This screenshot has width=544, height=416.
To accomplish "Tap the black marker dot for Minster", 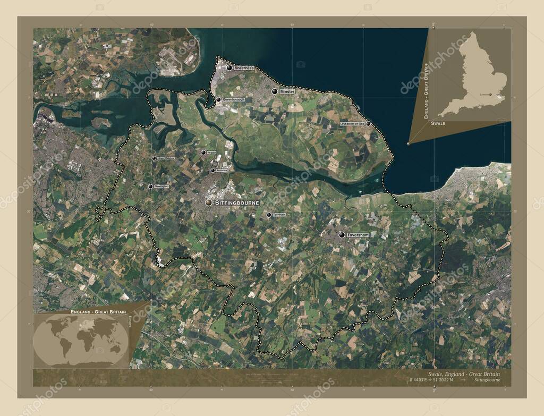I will (x=275, y=92).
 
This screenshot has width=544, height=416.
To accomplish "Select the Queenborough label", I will (x=234, y=99).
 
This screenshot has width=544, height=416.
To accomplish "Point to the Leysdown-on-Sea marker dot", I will (x=368, y=124).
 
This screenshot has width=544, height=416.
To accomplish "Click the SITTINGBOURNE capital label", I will (x=237, y=203).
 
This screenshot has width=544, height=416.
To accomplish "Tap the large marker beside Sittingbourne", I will (x=209, y=203).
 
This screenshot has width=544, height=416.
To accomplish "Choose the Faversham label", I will (x=358, y=234).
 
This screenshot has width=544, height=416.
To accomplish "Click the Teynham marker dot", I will (x=269, y=215).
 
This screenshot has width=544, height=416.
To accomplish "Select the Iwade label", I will (x=211, y=152).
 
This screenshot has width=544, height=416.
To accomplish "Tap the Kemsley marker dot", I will (x=212, y=171).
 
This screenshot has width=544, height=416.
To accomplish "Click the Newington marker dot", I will (x=150, y=186).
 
